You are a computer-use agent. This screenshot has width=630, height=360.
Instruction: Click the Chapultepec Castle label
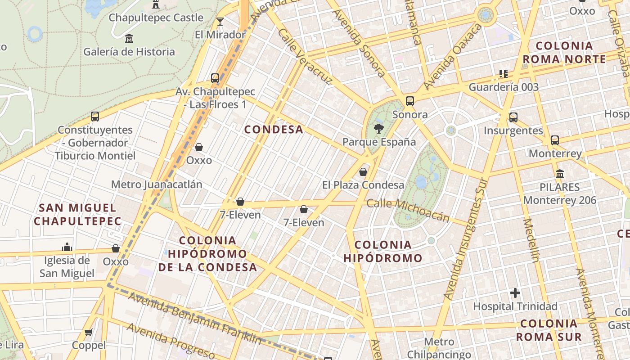pos(156,18)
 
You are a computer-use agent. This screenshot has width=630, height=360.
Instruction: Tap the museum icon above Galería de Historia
pos(129,38)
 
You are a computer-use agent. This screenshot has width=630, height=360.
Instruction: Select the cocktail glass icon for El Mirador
pos(220,22)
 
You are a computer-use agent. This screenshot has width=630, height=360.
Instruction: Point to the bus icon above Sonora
pos(409,101)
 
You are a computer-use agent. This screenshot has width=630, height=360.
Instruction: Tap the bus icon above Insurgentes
pos(513,117)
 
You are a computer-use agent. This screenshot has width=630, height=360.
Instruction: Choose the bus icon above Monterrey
pos(555,140)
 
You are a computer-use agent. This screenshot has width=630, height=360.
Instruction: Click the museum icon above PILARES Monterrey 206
pos(560,174)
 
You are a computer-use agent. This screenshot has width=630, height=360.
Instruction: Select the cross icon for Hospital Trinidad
pos(515,293)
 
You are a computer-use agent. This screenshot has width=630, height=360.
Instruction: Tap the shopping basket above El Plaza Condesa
pos(363,172)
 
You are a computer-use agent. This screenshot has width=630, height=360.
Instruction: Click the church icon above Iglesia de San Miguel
pos(67,247)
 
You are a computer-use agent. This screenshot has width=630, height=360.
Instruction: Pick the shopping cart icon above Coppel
pos(89,333)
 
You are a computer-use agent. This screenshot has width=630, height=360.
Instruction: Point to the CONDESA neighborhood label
pos(274,130)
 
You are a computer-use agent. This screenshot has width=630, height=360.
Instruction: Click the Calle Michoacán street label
pos(408,210)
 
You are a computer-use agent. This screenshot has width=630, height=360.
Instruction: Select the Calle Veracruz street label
pos(305,57)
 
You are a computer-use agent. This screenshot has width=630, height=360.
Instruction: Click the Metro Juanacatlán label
pos(157,184)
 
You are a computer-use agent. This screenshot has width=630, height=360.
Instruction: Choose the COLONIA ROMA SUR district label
pos(549,330)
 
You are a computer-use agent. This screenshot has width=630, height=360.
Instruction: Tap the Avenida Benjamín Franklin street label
pos(194,317)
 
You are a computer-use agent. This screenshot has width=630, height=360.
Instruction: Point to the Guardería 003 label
pos(504,87)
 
